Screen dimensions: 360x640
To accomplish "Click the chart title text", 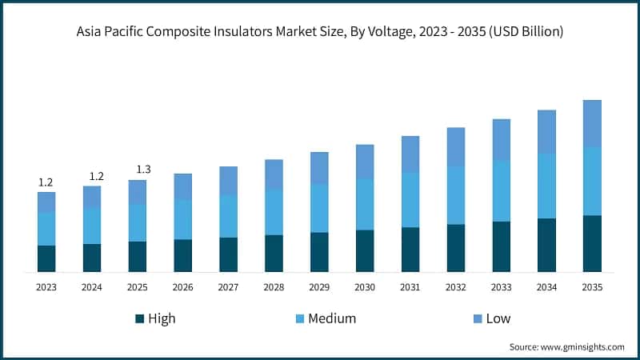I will (320, 33).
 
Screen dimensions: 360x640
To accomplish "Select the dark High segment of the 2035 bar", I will (592, 243).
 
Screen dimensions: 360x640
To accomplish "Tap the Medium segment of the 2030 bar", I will (365, 204).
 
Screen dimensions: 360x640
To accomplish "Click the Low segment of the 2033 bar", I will (502, 139).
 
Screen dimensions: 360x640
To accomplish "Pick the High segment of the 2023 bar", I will (46, 258).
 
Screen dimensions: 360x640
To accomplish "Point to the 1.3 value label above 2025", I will (143, 169).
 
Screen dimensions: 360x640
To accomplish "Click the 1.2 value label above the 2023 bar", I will (46, 182).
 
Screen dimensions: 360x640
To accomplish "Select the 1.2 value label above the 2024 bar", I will (97, 176).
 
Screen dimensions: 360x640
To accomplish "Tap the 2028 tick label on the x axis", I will (274, 286).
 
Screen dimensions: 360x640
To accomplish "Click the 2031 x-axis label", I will (410, 286).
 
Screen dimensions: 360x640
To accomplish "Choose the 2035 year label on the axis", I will (592, 286).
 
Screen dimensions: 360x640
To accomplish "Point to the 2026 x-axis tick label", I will (183, 286).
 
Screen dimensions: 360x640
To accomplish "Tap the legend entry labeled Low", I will (498, 318).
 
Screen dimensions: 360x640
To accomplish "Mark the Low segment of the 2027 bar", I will (228, 181).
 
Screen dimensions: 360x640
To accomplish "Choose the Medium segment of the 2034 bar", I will (546, 186).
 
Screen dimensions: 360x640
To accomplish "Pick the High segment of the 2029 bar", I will (319, 252).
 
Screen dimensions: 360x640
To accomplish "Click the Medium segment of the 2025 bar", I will (138, 222).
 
